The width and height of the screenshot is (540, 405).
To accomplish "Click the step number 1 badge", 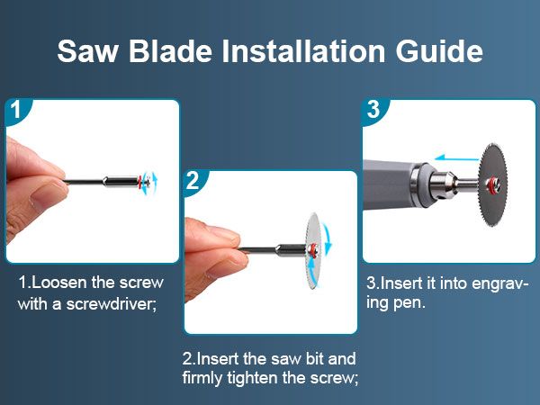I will [16, 112].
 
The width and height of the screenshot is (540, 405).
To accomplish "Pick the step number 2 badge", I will [194, 181].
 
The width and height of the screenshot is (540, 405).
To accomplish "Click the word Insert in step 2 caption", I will [222, 357].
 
